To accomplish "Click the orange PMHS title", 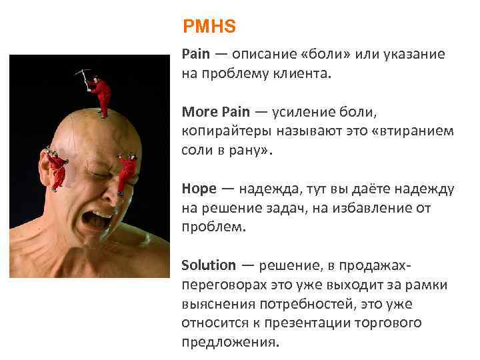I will point(209,27).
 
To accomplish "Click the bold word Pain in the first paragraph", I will point(195,54).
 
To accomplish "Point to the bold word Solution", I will point(208,265).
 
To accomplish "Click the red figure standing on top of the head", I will point(101,93).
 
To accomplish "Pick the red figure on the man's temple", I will point(127,172).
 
